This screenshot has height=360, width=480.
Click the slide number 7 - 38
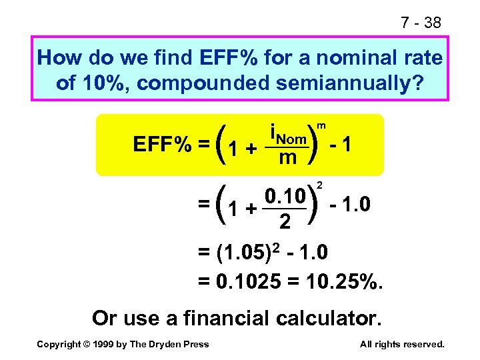[421, 23]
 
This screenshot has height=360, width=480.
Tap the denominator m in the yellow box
[287, 159]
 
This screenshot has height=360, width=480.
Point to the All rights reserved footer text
[401, 344]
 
